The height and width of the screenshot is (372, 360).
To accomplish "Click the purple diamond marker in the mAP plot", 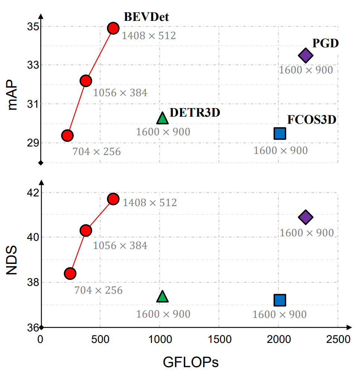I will (306, 56).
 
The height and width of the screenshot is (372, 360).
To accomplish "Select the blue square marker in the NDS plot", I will (280, 300).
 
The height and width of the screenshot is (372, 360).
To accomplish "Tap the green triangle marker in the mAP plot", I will (162, 118).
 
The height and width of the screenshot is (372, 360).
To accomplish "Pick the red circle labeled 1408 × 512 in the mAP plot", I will (113, 28).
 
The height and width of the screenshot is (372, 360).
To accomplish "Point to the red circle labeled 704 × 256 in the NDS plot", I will (70, 273).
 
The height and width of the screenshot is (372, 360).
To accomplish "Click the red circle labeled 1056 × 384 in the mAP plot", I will (86, 81).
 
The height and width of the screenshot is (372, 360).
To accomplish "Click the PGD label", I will (325, 43).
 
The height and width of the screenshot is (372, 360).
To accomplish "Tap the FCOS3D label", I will (312, 120).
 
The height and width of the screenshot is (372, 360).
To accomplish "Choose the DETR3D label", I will (195, 112).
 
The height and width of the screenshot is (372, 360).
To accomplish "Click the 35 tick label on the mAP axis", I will (32, 27).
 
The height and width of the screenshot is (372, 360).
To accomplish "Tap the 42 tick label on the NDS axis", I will (32, 193).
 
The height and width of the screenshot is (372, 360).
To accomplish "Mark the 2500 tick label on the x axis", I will (338, 340).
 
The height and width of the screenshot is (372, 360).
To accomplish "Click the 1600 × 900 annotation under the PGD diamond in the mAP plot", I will (306, 70).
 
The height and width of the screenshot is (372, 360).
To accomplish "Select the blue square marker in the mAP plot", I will (280, 133).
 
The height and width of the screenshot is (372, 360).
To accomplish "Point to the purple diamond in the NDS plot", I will (306, 217).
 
